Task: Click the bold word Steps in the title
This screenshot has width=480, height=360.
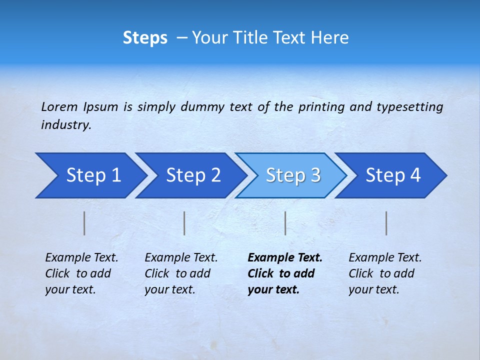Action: [145, 38]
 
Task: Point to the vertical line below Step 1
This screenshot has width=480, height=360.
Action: [84, 223]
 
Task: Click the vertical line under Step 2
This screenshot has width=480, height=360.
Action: [184, 223]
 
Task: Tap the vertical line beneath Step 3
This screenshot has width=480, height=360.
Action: [285, 223]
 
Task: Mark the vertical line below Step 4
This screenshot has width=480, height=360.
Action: [386, 223]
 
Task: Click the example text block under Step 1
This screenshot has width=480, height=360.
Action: [81, 273]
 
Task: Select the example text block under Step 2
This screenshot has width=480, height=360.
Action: [181, 273]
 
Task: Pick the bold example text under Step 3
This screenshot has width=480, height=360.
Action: [285, 273]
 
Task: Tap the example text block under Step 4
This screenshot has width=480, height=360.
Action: [385, 273]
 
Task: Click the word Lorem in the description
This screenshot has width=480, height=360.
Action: [59, 106]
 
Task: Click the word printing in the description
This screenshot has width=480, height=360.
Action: [321, 107]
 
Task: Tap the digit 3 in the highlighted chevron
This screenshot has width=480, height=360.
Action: [315, 175]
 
